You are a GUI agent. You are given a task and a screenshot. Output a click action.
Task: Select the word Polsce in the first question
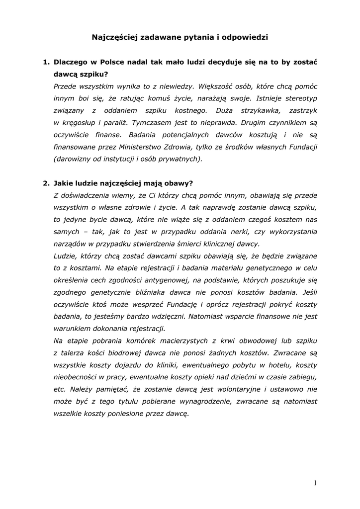click(x=115, y=63)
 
